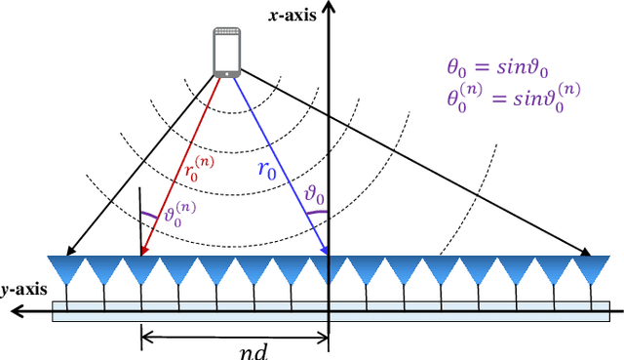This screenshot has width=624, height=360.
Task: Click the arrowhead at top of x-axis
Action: pyautogui.click(x=330, y=8)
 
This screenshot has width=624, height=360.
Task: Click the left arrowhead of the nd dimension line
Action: pyautogui.click(x=146, y=338)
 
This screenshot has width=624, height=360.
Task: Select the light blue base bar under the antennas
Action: pyautogui.click(x=331, y=316)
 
